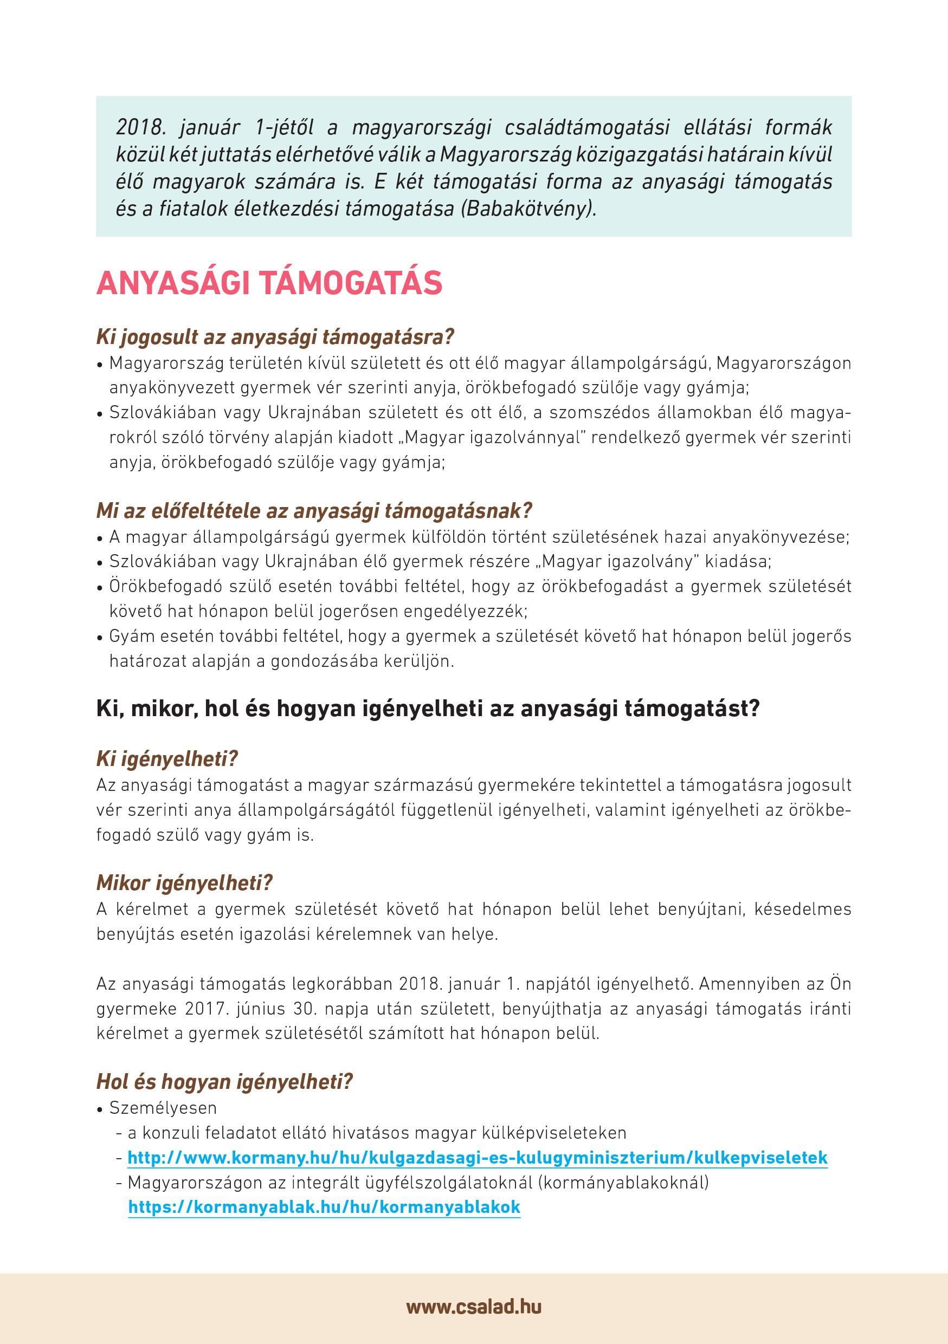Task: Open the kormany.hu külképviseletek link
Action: tap(477, 1157)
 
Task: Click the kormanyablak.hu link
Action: tap(324, 1206)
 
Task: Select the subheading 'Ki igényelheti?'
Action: tap(167, 759)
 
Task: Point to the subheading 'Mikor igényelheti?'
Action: tap(184, 883)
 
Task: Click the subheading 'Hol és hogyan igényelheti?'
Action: tap(224, 1082)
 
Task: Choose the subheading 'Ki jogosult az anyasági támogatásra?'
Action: tap(275, 337)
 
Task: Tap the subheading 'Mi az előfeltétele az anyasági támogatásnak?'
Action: tap(314, 511)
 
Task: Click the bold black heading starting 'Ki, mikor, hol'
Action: tap(428, 709)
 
